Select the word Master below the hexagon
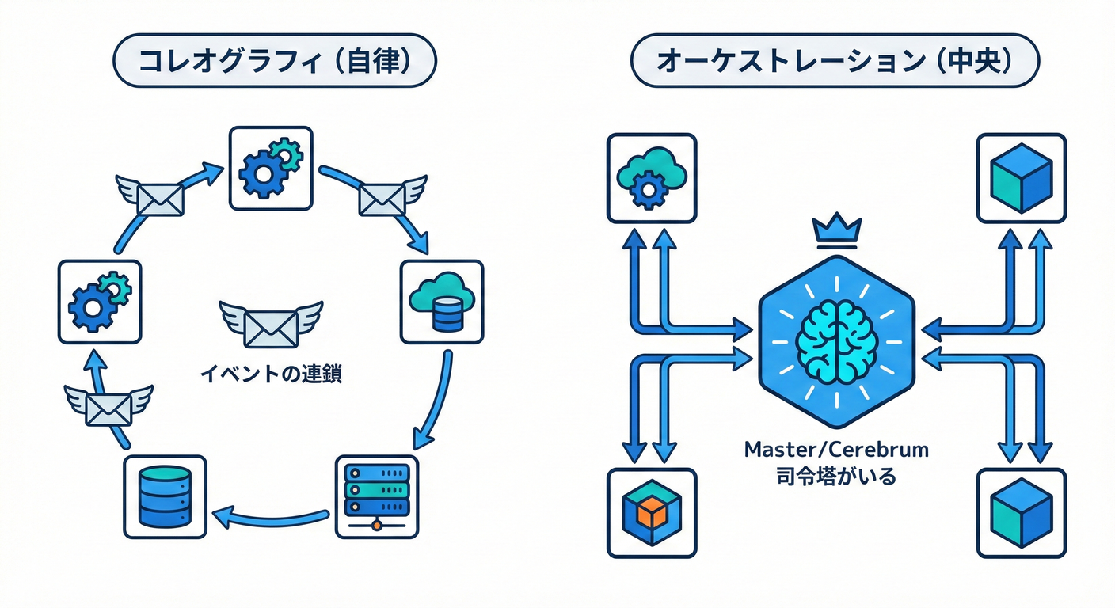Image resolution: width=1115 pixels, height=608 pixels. [x=783, y=450]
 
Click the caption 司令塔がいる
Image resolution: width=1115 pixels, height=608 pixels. [x=837, y=477]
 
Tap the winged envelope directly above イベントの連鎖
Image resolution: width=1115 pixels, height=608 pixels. [x=271, y=325]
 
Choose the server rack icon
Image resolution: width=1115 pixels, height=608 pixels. [x=377, y=496]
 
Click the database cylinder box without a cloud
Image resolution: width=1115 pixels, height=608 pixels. [x=165, y=496]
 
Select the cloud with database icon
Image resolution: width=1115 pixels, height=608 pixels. [x=442, y=302]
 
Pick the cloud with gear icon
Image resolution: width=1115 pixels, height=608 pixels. [x=651, y=177]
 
